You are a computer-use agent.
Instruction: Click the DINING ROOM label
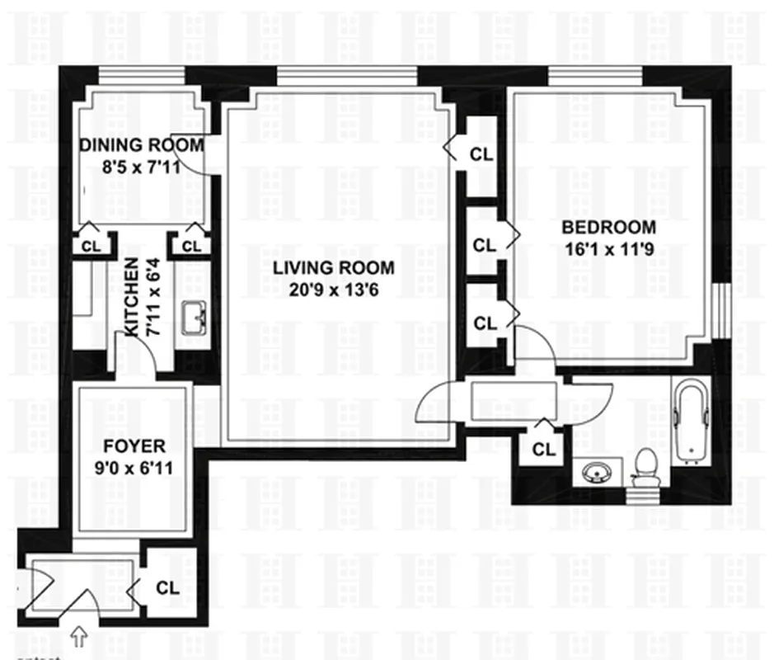click(x=141, y=145)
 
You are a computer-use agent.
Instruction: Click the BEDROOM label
click(x=608, y=228)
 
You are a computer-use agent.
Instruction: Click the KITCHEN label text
click(x=131, y=296)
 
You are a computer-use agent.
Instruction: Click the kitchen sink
click(x=194, y=318)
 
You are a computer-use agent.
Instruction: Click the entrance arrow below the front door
click(x=80, y=635)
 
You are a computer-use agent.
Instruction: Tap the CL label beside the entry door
click(x=168, y=588)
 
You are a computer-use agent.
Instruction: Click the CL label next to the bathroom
click(x=543, y=450)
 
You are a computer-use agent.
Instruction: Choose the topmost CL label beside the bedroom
click(x=482, y=153)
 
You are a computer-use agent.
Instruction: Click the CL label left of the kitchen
click(x=89, y=246)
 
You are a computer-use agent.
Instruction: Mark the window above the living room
click(x=346, y=76)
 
